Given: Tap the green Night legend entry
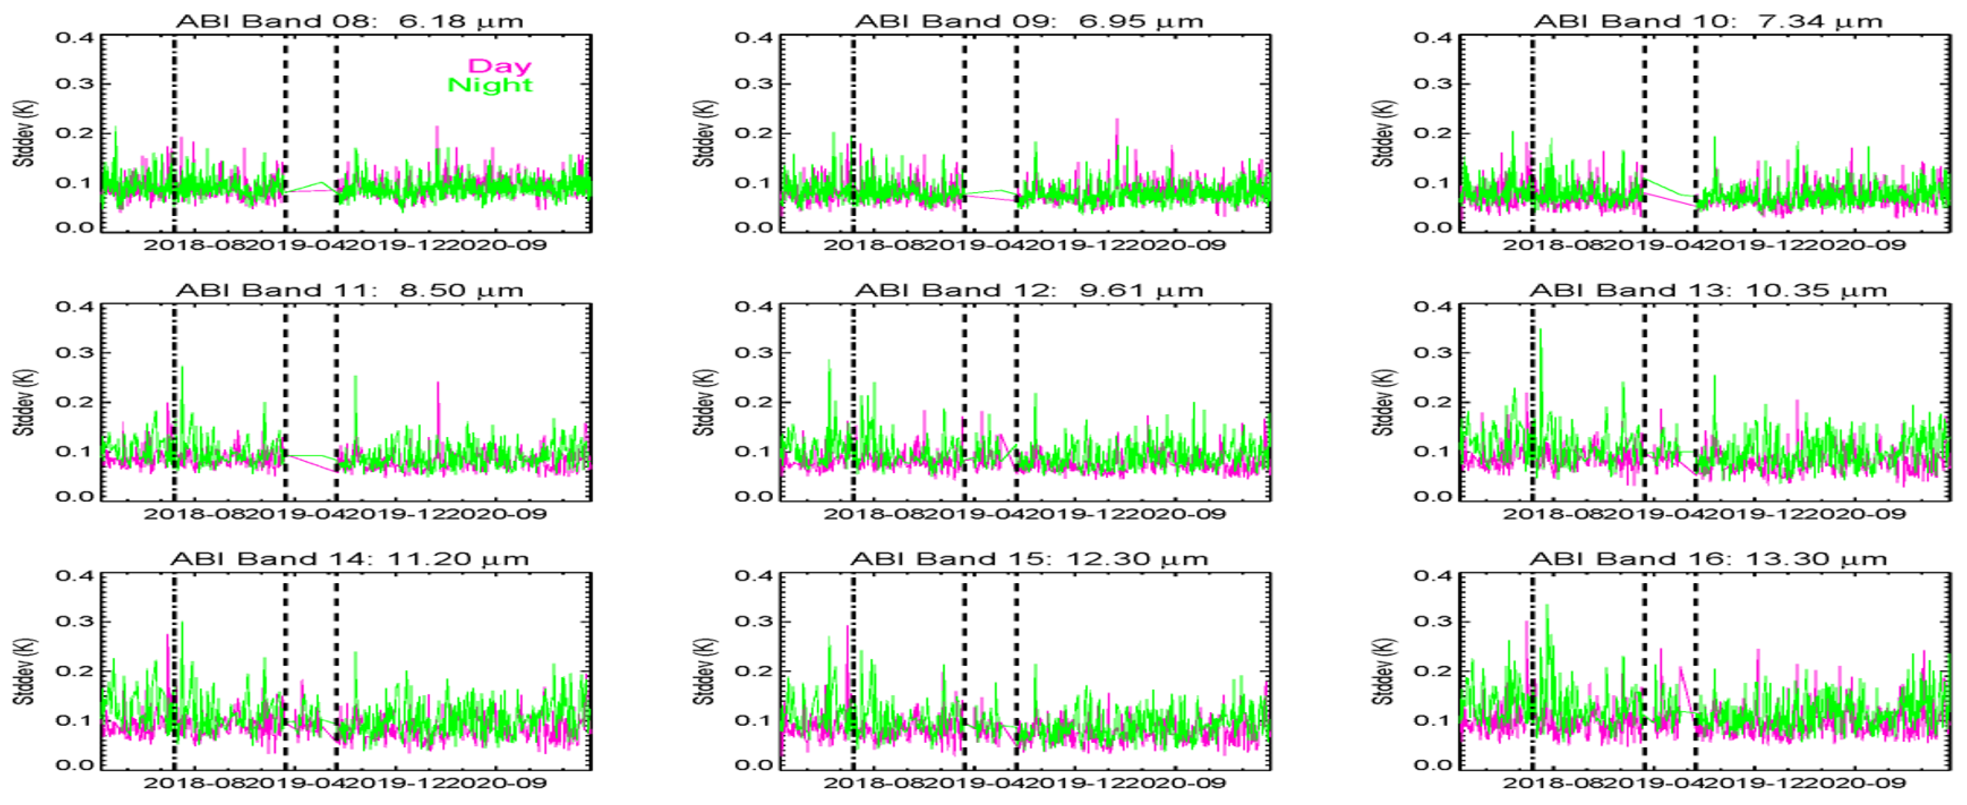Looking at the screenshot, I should (490, 85).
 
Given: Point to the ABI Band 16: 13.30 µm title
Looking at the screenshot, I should (1707, 559).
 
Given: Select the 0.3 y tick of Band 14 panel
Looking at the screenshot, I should (75, 621).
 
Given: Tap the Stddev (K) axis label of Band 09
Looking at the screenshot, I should (704, 133).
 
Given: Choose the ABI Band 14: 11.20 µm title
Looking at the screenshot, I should (350, 559).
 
